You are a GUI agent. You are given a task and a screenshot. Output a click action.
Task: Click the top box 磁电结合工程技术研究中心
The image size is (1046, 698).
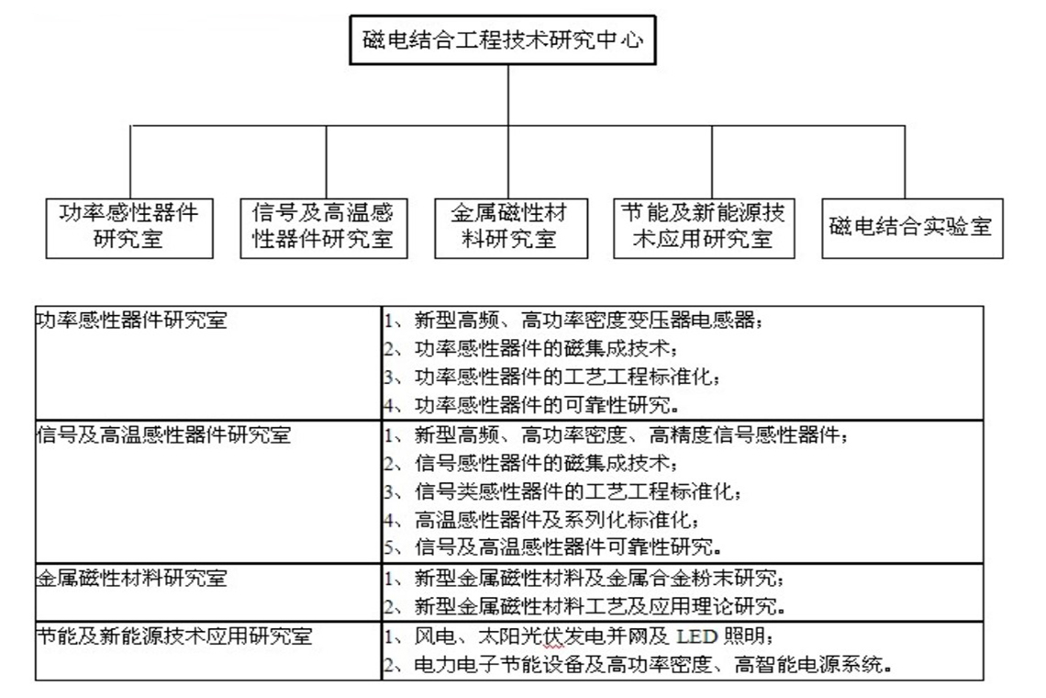pyautogui.click(x=502, y=40)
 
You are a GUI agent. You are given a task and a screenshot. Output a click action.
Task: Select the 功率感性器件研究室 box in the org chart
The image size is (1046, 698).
pyautogui.click(x=129, y=228)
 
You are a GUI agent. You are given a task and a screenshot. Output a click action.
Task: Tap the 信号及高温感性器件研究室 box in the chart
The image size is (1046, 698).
pyautogui.click(x=324, y=228)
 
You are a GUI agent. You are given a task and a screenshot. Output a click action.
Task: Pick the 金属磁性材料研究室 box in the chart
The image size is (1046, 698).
pyautogui.click(x=511, y=228)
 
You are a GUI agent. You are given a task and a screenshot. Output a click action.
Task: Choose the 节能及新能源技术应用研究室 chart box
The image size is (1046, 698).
pyautogui.click(x=704, y=228)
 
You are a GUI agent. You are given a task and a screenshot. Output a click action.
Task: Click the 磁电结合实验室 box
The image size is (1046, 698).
pyautogui.click(x=912, y=228)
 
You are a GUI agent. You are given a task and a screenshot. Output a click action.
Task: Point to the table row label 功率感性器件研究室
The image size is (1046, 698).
pyautogui.click(x=131, y=320)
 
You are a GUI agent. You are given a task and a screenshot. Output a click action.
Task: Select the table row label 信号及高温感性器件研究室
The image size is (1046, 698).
pyautogui.click(x=163, y=434)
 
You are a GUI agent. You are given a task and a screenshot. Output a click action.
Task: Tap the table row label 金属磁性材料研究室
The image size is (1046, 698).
pyautogui.click(x=131, y=577)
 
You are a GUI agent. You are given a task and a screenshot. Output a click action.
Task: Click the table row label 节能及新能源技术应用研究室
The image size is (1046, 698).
pyautogui.click(x=174, y=636)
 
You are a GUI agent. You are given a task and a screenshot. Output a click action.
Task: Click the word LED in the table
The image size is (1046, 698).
pyautogui.click(x=696, y=636)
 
